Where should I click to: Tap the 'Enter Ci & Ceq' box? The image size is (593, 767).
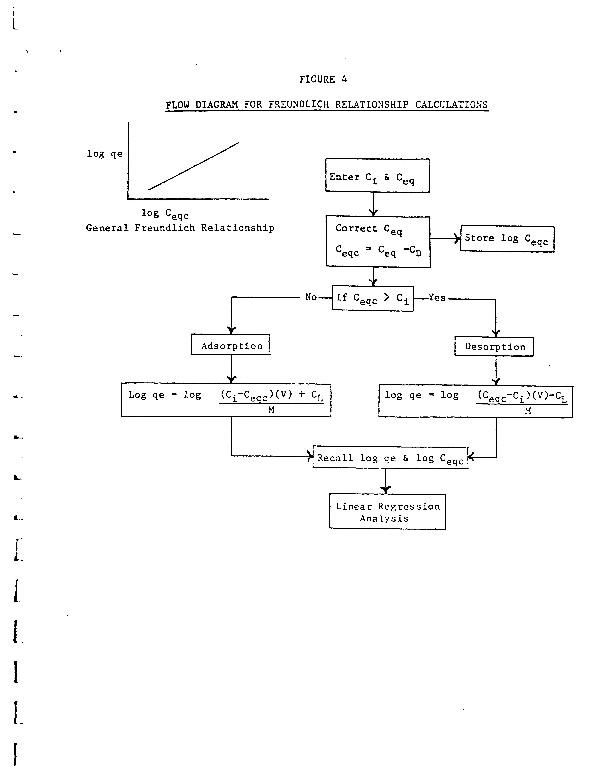point(377,176)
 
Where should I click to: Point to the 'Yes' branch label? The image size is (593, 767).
point(437,298)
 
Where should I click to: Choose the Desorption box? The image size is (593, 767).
point(494,347)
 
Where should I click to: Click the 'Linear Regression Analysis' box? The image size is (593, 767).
point(387,512)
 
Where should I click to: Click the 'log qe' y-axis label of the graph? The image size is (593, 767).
point(105,154)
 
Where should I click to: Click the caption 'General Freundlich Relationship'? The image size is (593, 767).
point(180,228)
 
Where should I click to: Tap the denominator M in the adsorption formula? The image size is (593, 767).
point(271,410)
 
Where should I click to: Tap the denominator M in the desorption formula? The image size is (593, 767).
point(528,411)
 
